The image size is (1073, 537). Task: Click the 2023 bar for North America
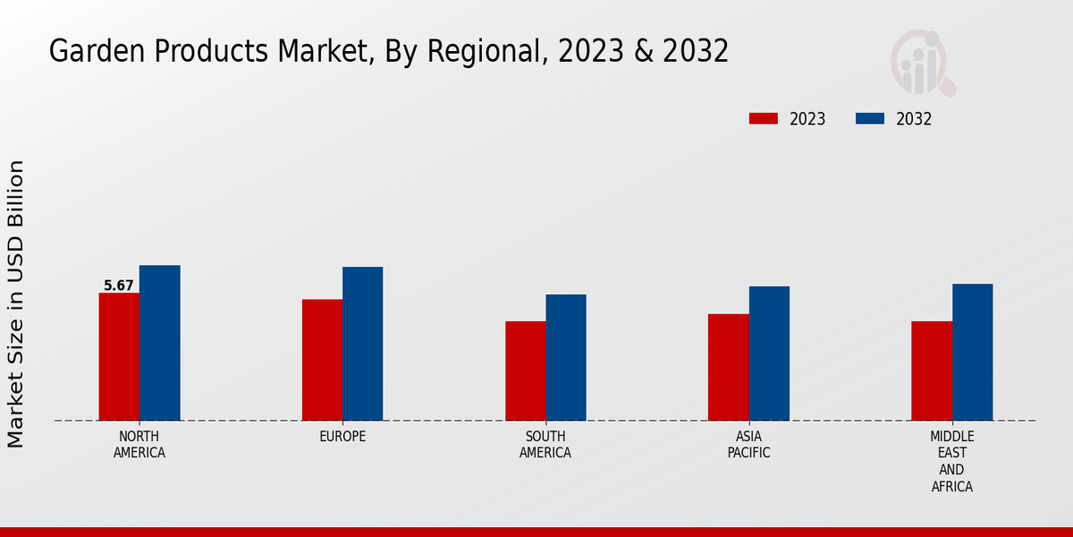[119, 356]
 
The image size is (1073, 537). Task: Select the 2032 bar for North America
[159, 343]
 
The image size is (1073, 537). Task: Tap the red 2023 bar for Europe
[322, 360]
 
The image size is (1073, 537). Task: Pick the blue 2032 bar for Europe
[362, 344]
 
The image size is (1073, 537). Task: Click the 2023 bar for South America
[525, 371]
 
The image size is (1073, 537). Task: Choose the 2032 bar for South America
[566, 357]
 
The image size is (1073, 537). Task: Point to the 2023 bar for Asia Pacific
[728, 367]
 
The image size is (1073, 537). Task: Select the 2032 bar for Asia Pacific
[769, 354]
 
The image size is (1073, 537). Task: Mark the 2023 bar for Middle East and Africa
[932, 371]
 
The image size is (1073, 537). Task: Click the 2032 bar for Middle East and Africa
[972, 352]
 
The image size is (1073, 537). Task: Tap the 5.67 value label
[119, 286]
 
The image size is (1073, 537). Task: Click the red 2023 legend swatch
[764, 119]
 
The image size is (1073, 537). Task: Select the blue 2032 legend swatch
[870, 119]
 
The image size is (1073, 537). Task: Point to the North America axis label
[139, 445]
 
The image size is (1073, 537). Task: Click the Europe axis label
[342, 437]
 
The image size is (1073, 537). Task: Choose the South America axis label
[545, 445]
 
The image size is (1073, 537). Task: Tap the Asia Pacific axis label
[748, 445]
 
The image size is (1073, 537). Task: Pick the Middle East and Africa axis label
[951, 461]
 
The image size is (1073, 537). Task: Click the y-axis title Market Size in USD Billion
[16, 304]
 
